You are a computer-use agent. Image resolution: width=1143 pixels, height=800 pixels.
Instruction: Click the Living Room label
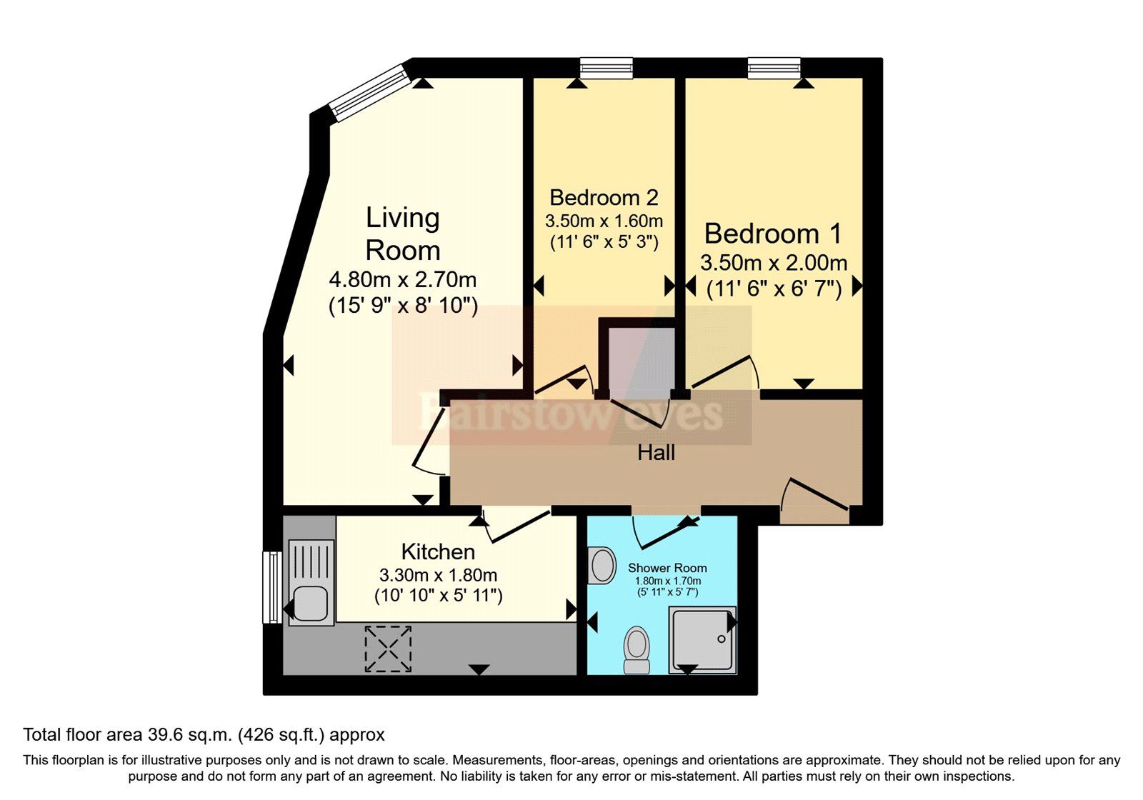[403, 234]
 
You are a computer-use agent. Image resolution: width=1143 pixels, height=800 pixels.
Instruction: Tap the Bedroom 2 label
[604, 197]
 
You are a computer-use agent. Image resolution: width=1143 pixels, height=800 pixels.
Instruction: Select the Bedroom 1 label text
[773, 234]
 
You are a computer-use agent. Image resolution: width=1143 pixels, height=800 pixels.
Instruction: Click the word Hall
[656, 452]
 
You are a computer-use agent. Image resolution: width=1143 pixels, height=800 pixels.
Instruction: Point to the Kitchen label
[438, 551]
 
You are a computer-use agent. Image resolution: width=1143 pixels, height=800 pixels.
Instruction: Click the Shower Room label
[667, 568]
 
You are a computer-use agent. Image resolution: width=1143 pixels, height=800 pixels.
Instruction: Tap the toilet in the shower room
[637, 649]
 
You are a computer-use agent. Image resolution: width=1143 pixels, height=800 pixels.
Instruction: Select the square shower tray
[702, 639]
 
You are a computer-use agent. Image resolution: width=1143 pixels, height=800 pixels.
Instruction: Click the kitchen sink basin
[310, 603]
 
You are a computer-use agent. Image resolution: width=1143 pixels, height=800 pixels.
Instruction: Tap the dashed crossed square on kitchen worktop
[388, 649]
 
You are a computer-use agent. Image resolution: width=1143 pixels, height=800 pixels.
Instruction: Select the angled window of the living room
[369, 92]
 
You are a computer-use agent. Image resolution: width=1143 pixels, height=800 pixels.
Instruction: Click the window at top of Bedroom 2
[606, 68]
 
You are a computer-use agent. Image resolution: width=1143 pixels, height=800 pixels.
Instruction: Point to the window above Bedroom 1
[774, 68]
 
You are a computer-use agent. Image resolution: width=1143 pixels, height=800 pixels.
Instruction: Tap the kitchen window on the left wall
[271, 586]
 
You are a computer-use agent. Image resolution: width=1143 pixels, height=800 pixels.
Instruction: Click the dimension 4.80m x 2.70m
[403, 279]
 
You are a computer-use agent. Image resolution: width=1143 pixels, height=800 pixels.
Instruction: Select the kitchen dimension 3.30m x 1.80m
[438, 575]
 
